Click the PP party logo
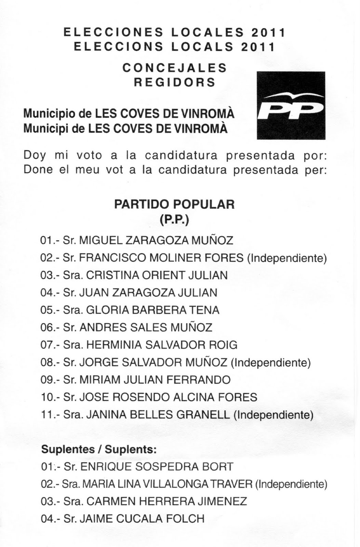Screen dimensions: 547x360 coord(291,105)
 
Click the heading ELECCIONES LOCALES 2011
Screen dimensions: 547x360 coord(174,32)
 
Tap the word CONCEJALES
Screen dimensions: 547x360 coord(174,68)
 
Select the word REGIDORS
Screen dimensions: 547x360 coord(174,82)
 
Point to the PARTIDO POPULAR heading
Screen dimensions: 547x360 coord(174,204)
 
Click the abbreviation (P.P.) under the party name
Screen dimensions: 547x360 coord(174,219)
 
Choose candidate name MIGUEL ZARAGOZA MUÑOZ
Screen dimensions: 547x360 coord(156,240)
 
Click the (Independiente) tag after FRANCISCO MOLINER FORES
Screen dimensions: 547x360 coord(287,258)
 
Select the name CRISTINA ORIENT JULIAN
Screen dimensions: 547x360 coord(157,275)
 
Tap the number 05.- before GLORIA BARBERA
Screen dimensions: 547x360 coord(50,310)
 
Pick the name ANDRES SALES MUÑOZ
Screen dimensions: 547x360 coord(146,328)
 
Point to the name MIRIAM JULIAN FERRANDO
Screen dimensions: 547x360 coord(155,380)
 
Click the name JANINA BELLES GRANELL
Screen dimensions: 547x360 coord(158,415)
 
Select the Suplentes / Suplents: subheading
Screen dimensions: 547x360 coord(99,449)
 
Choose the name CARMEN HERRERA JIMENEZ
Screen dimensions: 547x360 coord(166,502)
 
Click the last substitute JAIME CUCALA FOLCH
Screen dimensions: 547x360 coord(142,519)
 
